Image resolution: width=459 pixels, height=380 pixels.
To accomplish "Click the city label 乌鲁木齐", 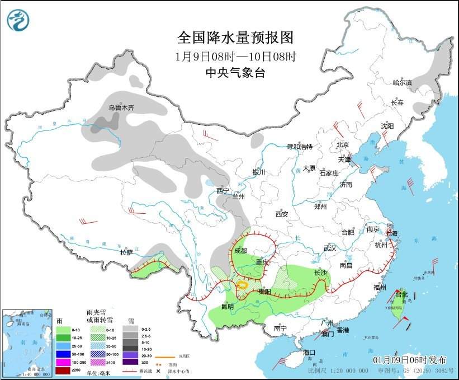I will [121, 107].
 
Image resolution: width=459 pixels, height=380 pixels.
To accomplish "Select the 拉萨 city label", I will [126, 252].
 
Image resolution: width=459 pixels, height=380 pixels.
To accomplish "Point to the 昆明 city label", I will [227, 306].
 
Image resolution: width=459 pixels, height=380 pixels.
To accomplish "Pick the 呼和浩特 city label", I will [300, 147].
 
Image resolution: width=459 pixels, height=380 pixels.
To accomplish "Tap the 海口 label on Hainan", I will [310, 352].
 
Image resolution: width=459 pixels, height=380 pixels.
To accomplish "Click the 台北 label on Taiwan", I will [401, 294].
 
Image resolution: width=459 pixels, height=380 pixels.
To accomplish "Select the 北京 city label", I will [343, 144].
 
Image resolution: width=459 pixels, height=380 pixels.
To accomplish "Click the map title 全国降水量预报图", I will [235, 37].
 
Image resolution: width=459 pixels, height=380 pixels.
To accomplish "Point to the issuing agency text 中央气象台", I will [235, 72].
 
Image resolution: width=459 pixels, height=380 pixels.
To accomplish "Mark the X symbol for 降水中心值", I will [159, 371].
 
